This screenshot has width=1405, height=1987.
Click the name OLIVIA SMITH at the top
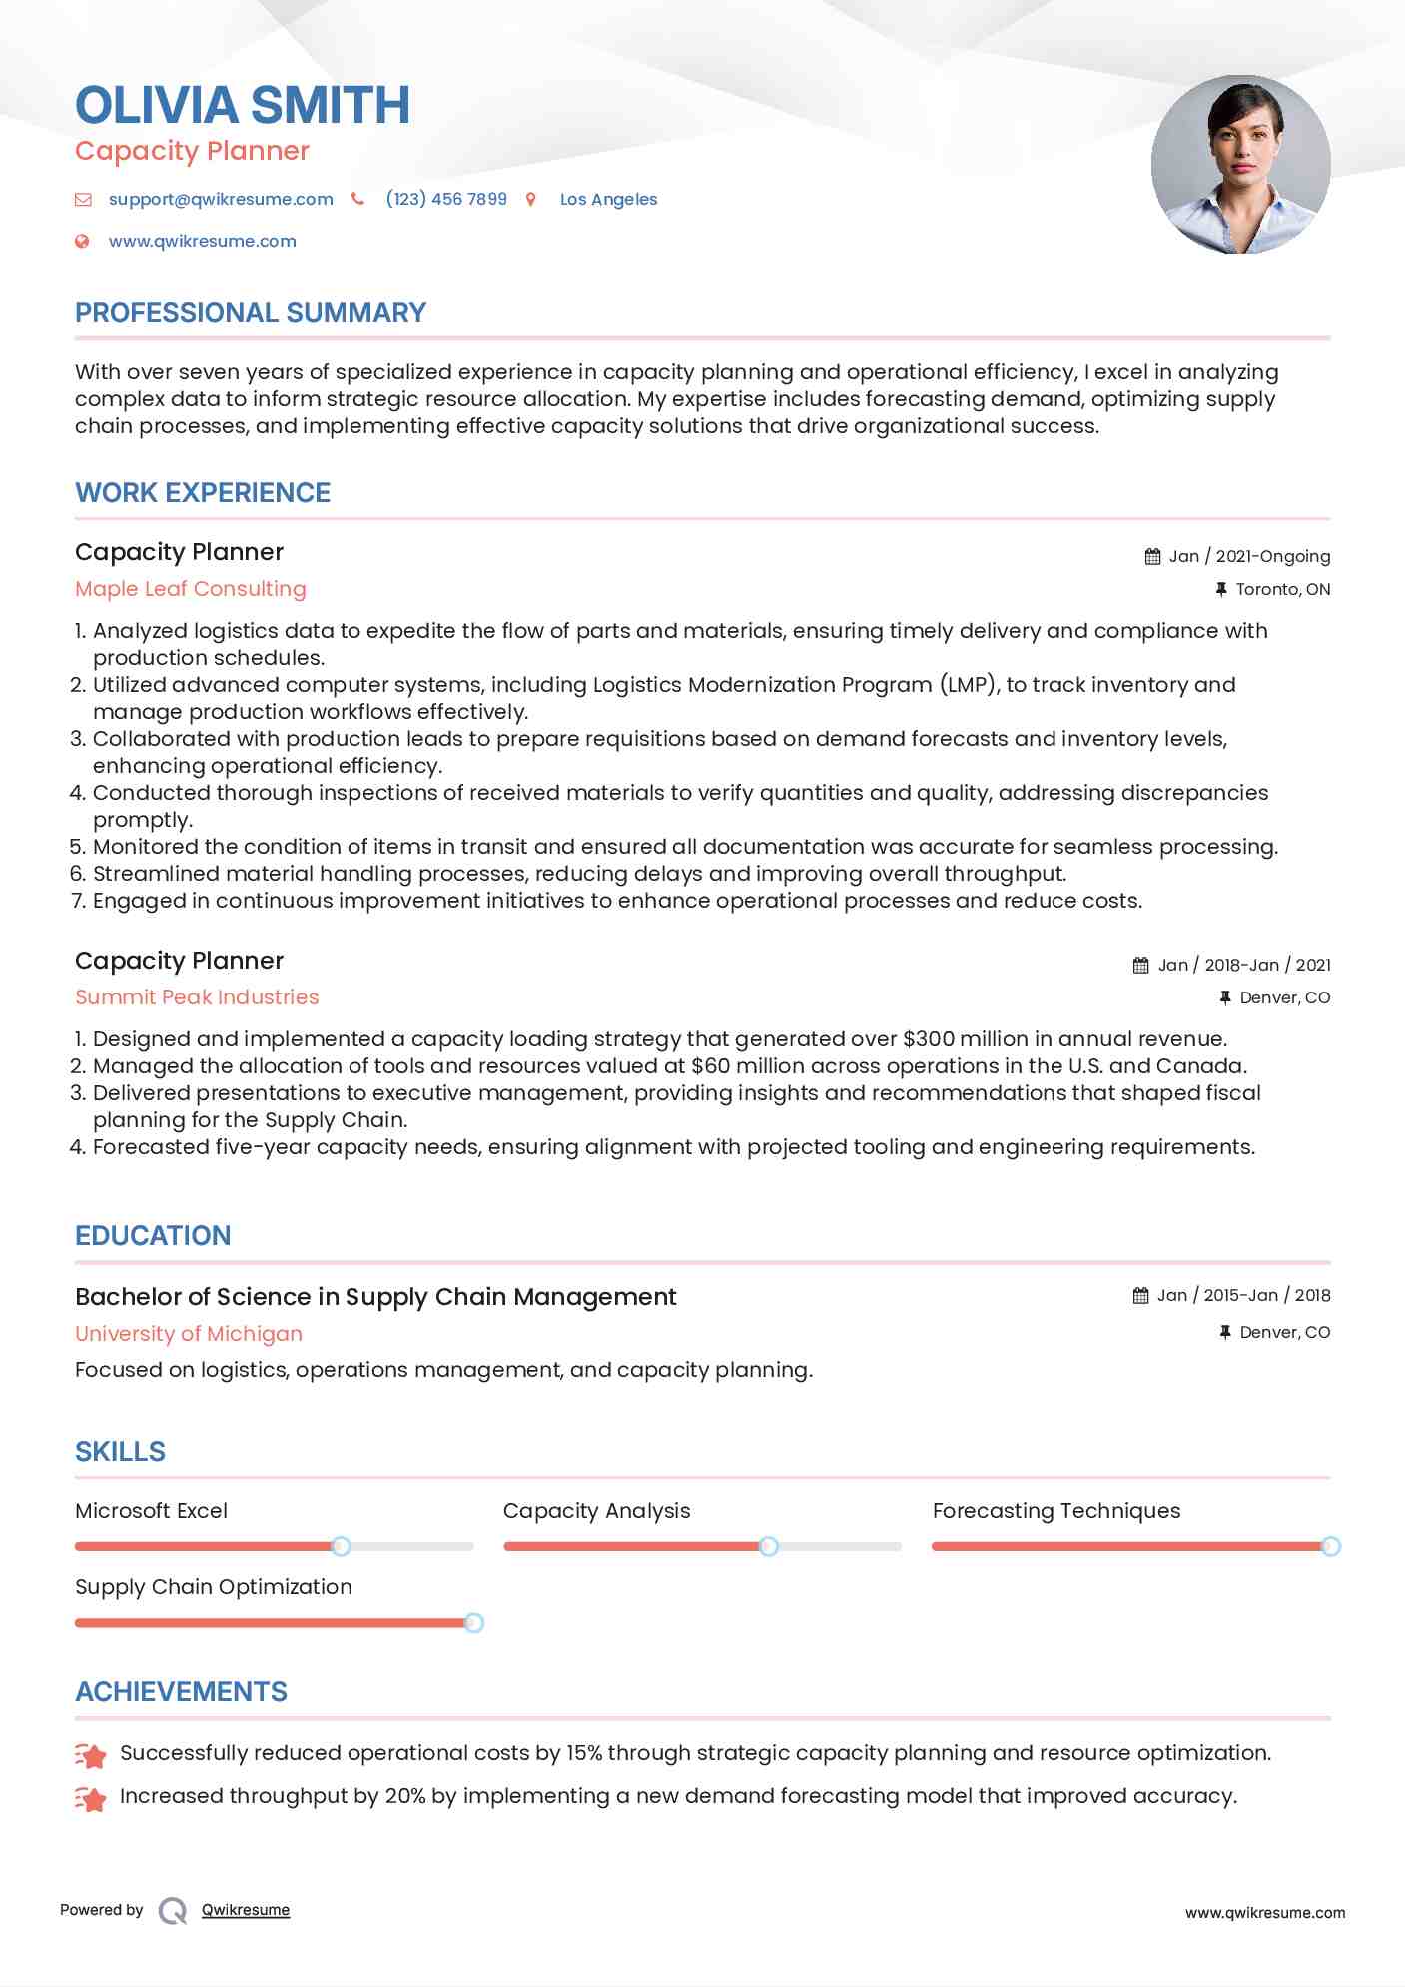coord(243,106)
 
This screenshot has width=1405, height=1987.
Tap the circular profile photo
coord(1240,165)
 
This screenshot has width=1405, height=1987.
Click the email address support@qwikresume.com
coord(221,199)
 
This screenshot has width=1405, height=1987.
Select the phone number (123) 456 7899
coord(446,199)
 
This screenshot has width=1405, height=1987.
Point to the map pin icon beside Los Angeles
coord(531,200)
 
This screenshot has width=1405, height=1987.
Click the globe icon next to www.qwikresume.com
coord(82,241)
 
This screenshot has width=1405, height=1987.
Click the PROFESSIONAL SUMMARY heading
coord(251,313)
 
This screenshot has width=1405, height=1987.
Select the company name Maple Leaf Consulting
coord(191,589)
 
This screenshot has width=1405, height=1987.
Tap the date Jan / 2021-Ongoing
coord(1249,556)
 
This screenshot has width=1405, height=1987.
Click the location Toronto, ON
coord(1282,589)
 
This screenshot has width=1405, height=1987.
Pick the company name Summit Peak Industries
coord(197,997)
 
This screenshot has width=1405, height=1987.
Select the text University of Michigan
coord(189,1334)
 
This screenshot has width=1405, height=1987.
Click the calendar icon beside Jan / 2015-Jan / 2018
coord(1140,1296)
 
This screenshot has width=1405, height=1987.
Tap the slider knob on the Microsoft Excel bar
coord(341,1546)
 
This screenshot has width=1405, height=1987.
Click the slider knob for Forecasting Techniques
coord(1330,1546)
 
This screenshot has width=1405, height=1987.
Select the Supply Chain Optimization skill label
coord(214,1587)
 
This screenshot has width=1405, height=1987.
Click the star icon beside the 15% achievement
coord(90,1755)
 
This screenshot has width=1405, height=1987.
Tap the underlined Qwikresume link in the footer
coord(246,1910)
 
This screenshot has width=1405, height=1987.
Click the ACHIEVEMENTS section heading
coord(181,1692)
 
